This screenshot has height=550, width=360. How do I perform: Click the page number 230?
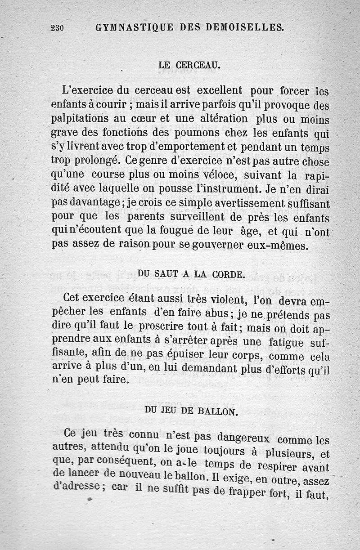tap(57, 28)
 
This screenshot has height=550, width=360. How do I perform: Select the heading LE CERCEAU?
tap(189, 65)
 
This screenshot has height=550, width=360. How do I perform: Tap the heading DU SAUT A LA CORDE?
tap(191, 273)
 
